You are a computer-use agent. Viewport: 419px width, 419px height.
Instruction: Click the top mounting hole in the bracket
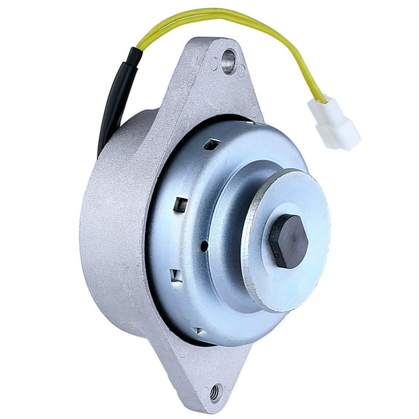[229, 61]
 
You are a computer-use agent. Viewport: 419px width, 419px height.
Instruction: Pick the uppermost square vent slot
[211, 144]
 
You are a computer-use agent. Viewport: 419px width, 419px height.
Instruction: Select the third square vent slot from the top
[175, 276]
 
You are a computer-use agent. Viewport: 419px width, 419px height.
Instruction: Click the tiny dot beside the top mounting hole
[216, 66]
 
